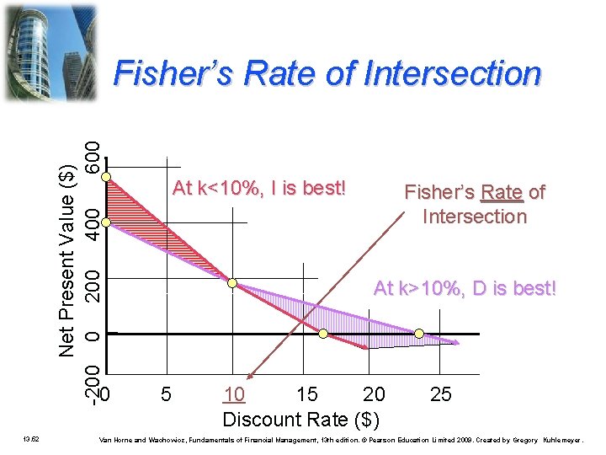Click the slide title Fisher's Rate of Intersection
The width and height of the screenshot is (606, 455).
[x=327, y=73]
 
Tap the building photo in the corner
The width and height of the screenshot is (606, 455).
[x=50, y=51]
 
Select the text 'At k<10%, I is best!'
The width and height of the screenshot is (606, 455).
[x=259, y=188]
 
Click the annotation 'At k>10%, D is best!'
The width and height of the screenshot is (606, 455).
[x=465, y=288]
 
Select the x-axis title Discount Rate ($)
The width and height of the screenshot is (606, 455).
[x=300, y=419]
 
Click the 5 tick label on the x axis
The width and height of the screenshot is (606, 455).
[x=167, y=393]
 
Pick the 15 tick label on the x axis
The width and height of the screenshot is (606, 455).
[x=307, y=393]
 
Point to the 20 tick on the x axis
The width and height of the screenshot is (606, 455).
[x=374, y=393]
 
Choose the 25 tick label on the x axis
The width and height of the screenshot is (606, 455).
[x=440, y=393]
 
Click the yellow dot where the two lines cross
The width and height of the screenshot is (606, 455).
[x=232, y=284]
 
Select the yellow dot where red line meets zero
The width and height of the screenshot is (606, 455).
[x=322, y=335]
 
